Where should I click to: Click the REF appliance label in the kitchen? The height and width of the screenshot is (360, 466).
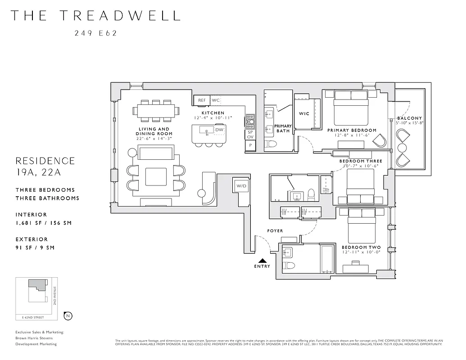click(202, 100)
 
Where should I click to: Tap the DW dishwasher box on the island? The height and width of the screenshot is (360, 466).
click(219, 130)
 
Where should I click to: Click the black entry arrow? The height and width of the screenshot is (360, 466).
click(262, 260)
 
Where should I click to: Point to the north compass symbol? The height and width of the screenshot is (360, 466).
click(68, 315)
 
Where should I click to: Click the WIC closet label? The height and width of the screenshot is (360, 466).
click(304, 114)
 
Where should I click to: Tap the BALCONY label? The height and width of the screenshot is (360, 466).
click(409, 118)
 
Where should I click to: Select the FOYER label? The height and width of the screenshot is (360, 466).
click(275, 231)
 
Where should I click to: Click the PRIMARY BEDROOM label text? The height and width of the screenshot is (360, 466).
click(352, 130)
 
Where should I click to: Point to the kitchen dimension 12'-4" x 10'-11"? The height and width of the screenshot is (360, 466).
click(213, 118)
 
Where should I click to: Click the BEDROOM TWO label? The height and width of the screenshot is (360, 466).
click(361, 247)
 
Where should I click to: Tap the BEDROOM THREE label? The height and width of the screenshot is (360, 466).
click(360, 161)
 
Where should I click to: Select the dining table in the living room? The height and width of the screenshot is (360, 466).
click(155, 110)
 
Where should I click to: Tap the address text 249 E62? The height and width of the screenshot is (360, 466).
click(95, 33)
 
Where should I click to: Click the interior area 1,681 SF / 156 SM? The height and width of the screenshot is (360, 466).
click(44, 223)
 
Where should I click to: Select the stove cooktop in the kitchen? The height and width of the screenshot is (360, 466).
click(249, 121)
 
